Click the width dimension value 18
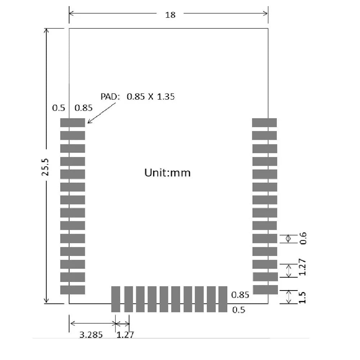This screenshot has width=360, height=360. click(x=170, y=15)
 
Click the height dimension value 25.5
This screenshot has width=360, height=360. click(x=45, y=166)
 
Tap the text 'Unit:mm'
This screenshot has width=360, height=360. click(x=167, y=173)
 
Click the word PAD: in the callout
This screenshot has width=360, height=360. click(x=111, y=96)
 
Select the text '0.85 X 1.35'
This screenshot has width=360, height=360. click(x=150, y=96)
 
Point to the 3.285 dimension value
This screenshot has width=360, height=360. click(x=91, y=335)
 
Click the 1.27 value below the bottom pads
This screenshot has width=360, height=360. click(x=125, y=335)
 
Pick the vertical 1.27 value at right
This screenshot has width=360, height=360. click(x=302, y=267)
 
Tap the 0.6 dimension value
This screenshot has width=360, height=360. click(x=303, y=238)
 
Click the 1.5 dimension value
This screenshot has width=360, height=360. click(x=303, y=297)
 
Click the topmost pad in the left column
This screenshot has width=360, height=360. click(x=72, y=122)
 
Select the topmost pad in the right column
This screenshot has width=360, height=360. click(x=264, y=122)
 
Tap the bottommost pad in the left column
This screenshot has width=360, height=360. click(x=72, y=290)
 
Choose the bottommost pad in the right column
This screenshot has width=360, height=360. click(x=265, y=290)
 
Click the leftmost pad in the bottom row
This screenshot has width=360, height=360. click(x=116, y=299)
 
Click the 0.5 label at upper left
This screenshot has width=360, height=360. click(x=58, y=108)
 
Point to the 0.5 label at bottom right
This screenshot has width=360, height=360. click(x=239, y=310)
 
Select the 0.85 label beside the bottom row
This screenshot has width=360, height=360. click(x=240, y=295)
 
